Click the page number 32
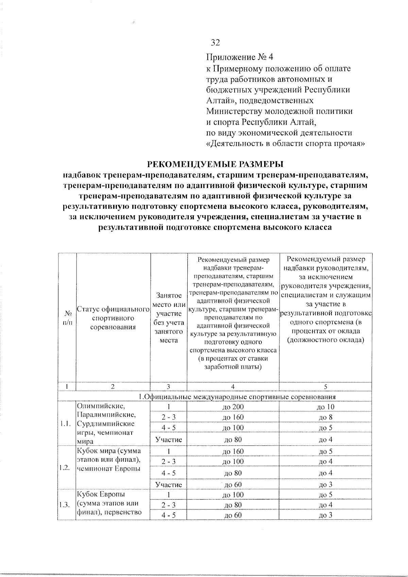216,42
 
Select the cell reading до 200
233,407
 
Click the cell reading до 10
325,407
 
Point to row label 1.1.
67,424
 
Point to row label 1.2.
67,468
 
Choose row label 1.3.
67,505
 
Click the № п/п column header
67,318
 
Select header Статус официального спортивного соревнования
113,318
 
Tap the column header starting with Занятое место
169,318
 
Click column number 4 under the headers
233,386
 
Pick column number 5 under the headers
325,386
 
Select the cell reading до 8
325,417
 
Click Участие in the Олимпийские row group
169,440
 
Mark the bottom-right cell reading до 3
325,515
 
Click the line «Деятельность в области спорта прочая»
286,143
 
